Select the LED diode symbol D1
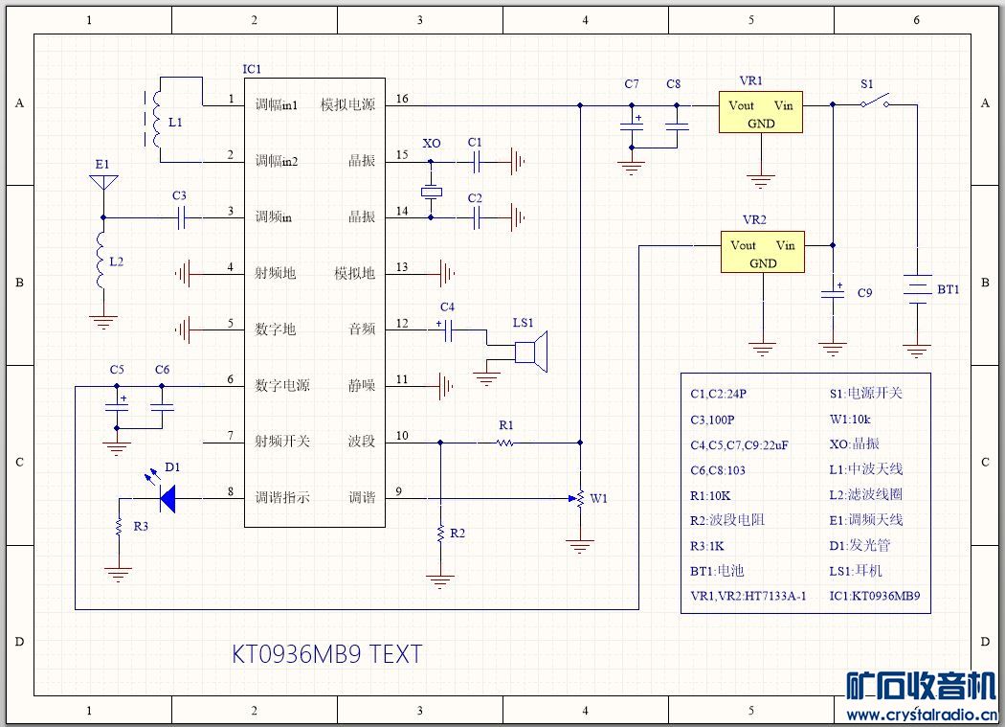[167, 497]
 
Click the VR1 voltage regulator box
[761, 113]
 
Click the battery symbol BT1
[918, 289]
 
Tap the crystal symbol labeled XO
[432, 193]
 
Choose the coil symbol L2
[100, 261]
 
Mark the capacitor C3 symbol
[180, 217]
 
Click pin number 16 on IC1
[401, 99]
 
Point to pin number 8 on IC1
[230, 491]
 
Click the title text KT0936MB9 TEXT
[327, 655]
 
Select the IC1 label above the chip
[252, 69]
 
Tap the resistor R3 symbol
[118, 526]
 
